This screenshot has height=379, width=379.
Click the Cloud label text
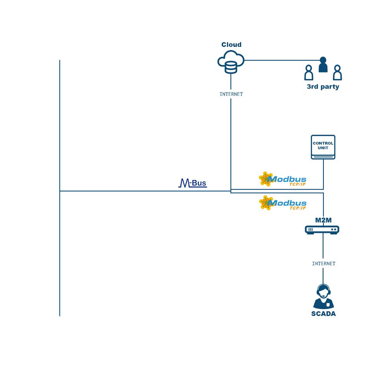231,45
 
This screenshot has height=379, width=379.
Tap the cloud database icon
231,62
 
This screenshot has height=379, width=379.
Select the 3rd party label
323,87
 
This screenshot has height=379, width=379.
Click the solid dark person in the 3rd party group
323,65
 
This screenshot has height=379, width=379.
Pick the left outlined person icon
308,72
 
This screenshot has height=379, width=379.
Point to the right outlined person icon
337,72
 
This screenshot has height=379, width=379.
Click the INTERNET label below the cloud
231,94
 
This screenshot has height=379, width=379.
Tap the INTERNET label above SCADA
324,264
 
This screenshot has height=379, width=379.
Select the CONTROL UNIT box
323,147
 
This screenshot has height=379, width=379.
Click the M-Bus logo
193,183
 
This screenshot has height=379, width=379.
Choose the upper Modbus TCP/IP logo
282,179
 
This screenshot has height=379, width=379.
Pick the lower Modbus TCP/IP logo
282,203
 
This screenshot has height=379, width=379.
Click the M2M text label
323,220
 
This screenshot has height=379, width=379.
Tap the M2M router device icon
322,230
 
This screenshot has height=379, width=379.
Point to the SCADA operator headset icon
323,297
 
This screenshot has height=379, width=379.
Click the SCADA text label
323,314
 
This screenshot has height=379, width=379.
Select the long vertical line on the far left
60,188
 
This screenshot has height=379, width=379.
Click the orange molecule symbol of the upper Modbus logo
266,179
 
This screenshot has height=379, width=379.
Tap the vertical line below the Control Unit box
323,175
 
